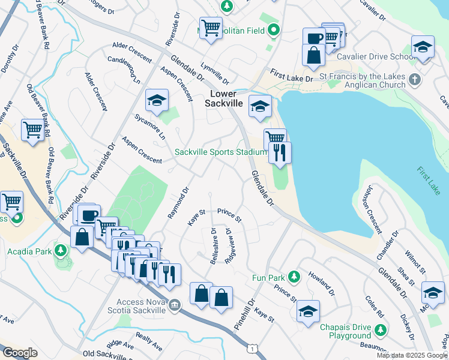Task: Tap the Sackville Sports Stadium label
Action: tap(220, 152)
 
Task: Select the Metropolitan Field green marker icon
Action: tap(274, 29)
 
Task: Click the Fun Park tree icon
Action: tap(294, 277)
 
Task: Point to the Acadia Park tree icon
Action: tap(60, 250)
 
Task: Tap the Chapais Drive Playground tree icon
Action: tap(380, 330)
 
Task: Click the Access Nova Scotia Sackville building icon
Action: tap(174, 305)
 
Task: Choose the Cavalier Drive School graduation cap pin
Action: tap(423, 48)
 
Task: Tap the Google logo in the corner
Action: tap(20, 352)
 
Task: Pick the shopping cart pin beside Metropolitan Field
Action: tap(211, 28)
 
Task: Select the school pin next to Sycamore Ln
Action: tap(157, 101)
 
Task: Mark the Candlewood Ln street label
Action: tap(124, 70)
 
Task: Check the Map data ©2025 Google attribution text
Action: tap(411, 355)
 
